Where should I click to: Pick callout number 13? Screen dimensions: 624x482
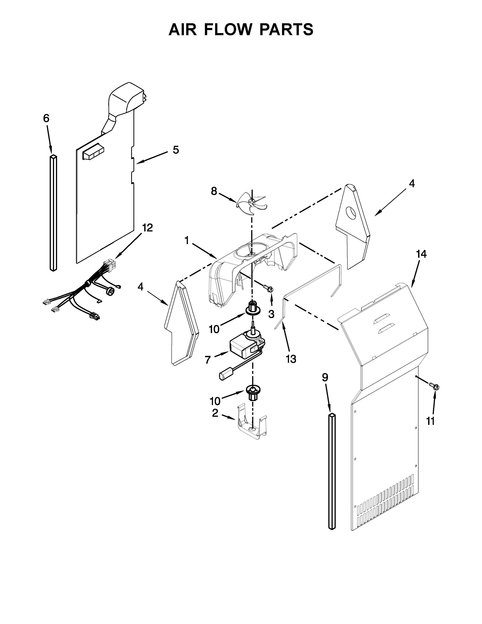click(x=291, y=359)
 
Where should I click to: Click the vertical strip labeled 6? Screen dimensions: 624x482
click(x=53, y=213)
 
